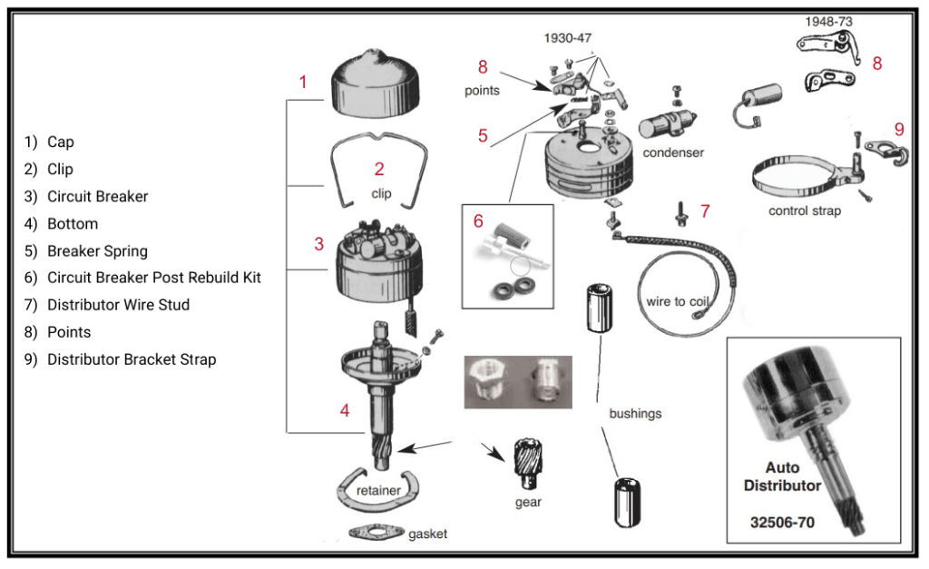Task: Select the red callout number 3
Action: click(x=319, y=244)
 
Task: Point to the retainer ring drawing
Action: click(x=378, y=491)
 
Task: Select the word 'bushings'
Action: click(x=636, y=414)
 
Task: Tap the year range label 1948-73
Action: click(x=828, y=21)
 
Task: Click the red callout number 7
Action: click(x=705, y=211)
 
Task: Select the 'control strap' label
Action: click(x=805, y=211)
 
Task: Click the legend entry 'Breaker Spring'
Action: click(x=97, y=250)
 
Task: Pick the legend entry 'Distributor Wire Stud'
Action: click(x=118, y=305)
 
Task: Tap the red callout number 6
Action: click(x=479, y=221)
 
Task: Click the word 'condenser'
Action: click(x=673, y=152)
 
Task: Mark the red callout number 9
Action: click(x=899, y=129)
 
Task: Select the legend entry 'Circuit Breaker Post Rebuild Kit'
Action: click(x=154, y=278)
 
